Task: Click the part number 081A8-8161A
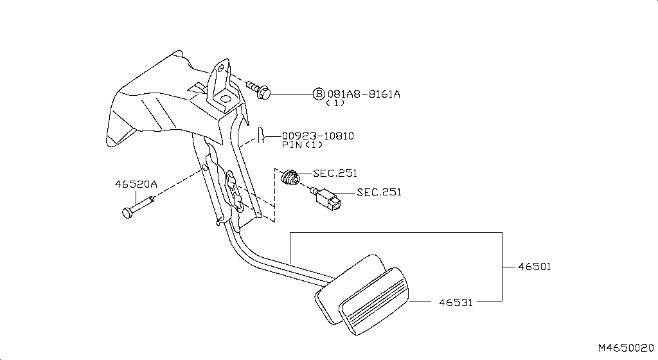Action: pos(364,94)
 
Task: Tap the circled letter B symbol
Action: pos(319,94)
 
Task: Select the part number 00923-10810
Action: pos(317,136)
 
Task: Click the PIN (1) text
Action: pos(302,145)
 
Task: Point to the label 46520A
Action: pos(136,184)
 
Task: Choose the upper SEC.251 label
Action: pos(335,173)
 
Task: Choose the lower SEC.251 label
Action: pos(378,192)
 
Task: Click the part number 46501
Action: pos(534,265)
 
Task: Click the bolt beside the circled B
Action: pos(258,91)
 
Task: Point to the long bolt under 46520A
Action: pos(138,207)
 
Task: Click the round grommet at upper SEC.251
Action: pos(290,175)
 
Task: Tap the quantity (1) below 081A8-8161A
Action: pos(335,103)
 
